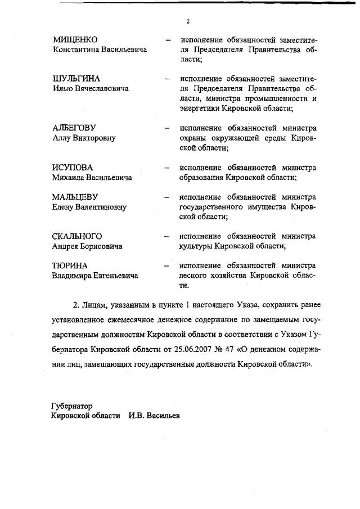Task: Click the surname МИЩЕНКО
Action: (75, 40)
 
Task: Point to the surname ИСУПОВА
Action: (72, 168)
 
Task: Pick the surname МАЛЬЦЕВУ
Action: (75, 197)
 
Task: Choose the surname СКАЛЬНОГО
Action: (78, 236)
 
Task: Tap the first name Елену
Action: (64, 207)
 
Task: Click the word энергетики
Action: (199, 109)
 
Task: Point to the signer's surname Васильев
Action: (163, 416)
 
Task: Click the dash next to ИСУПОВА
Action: (166, 168)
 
